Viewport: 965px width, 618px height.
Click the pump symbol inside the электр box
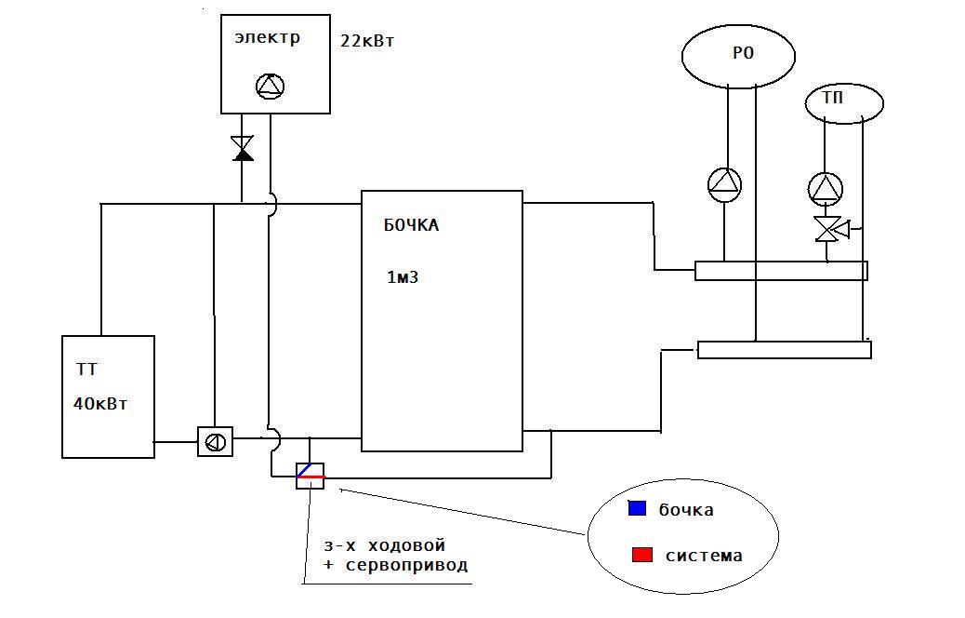click(271, 87)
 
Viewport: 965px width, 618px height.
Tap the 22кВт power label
click(367, 41)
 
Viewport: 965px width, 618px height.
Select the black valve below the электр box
click(243, 149)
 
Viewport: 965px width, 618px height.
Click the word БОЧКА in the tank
click(411, 225)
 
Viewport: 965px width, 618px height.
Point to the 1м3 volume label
click(403, 277)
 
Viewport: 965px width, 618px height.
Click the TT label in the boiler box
click(86, 369)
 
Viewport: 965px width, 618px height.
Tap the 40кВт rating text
click(100, 404)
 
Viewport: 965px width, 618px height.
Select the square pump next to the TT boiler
click(216, 442)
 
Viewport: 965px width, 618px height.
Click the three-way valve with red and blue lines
click(311, 476)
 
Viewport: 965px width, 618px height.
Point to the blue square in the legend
click(638, 507)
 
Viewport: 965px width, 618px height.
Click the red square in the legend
click(641, 554)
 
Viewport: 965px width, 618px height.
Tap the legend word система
click(704, 556)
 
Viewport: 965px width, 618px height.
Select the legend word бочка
click(686, 509)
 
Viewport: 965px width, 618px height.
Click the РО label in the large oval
click(743, 53)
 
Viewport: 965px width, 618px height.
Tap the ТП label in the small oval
click(833, 98)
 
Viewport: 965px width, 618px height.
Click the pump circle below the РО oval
click(724, 184)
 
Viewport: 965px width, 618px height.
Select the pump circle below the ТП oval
click(826, 189)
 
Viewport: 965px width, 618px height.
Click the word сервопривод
click(407, 565)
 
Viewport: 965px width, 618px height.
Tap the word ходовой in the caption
click(406, 546)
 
